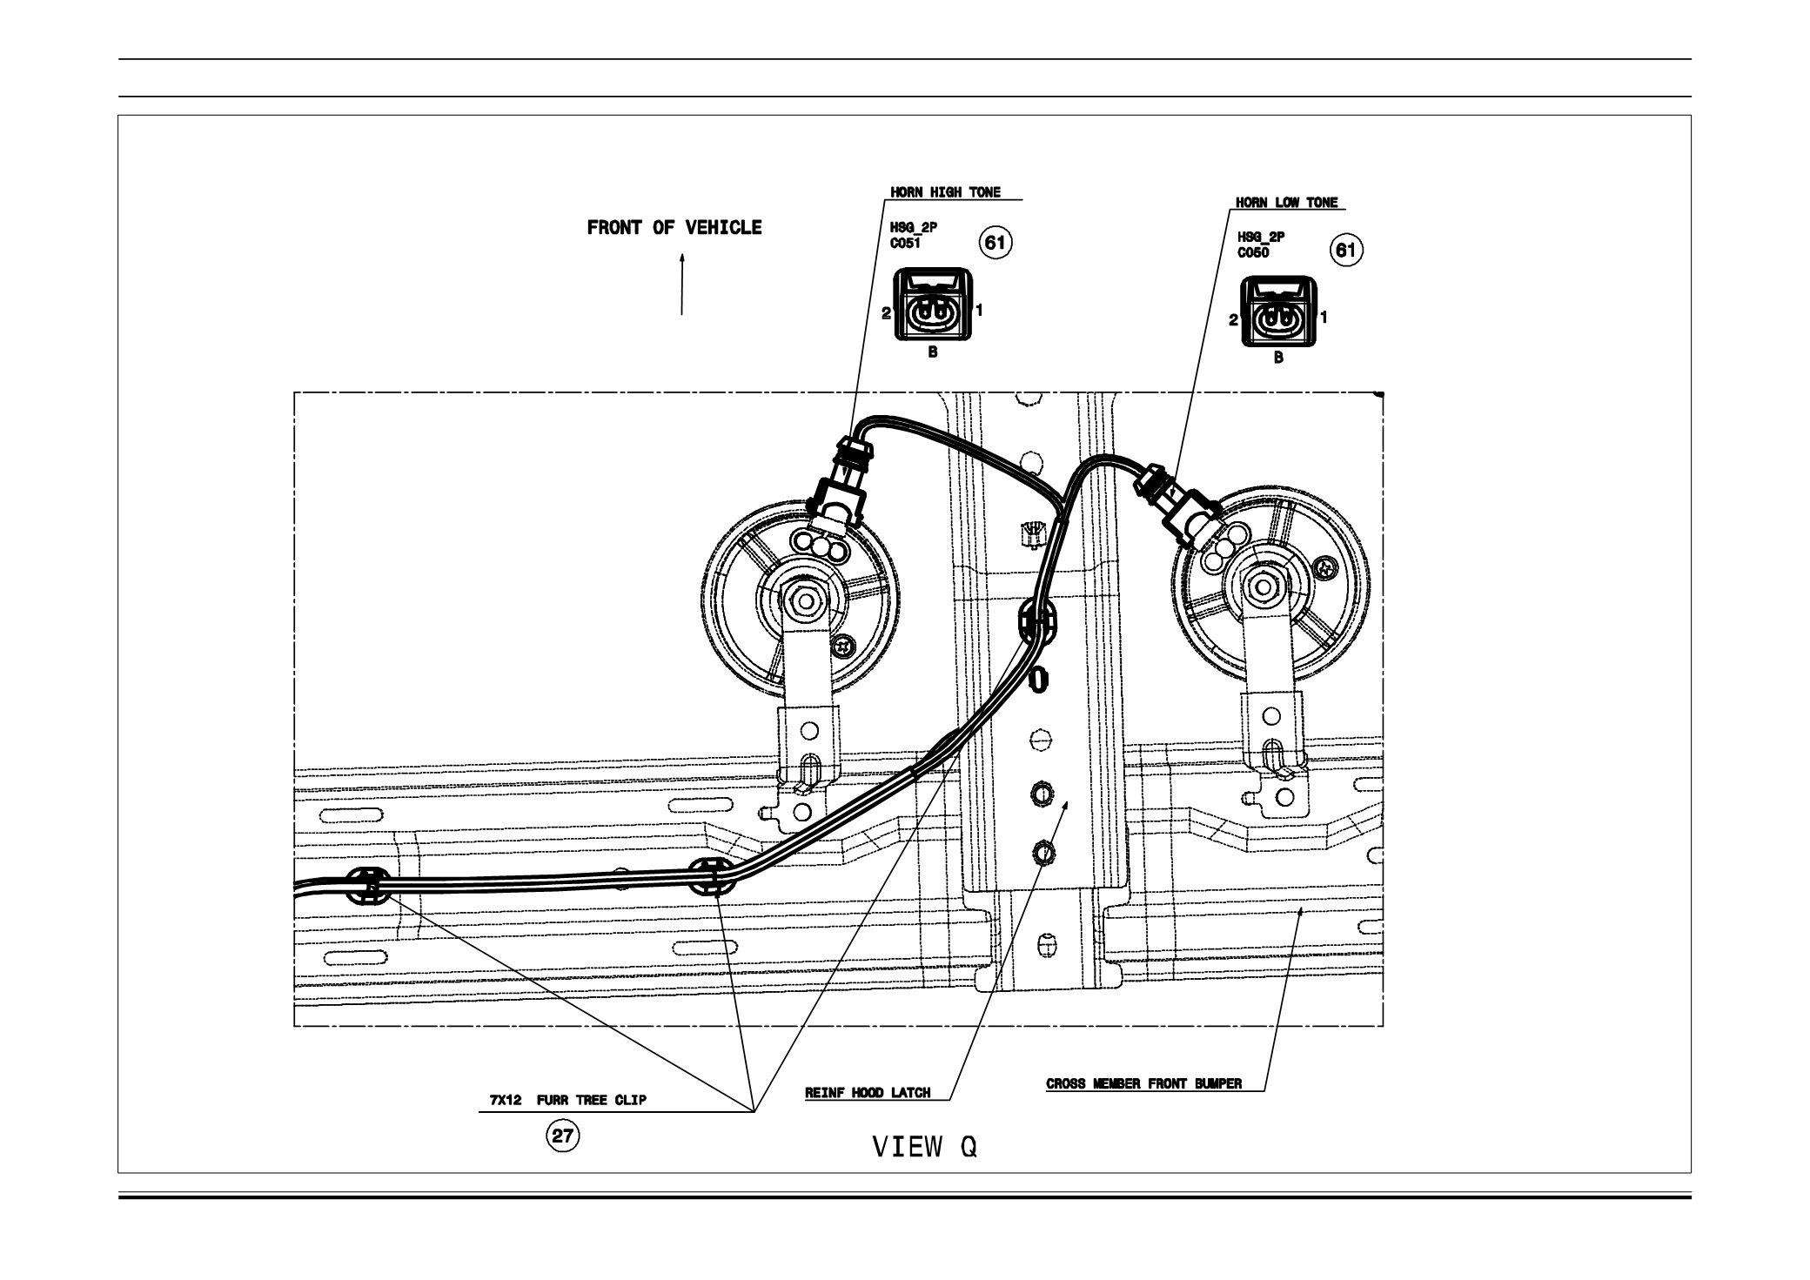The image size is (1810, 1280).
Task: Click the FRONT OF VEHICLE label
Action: coord(674,228)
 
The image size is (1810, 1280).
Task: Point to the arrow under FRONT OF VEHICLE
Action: coord(682,285)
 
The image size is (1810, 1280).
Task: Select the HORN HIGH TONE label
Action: coord(945,192)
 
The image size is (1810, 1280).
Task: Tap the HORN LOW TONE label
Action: coord(1287,203)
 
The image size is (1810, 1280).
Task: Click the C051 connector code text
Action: coord(905,245)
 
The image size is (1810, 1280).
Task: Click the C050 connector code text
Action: coord(1253,253)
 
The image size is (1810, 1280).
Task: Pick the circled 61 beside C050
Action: coord(1345,251)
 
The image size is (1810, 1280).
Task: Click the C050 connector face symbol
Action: coord(1277,318)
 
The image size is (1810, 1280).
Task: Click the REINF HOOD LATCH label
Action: coord(868,1093)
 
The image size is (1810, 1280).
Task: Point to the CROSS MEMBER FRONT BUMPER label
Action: coord(1143,1084)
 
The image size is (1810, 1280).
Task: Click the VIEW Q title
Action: coord(925,1148)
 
